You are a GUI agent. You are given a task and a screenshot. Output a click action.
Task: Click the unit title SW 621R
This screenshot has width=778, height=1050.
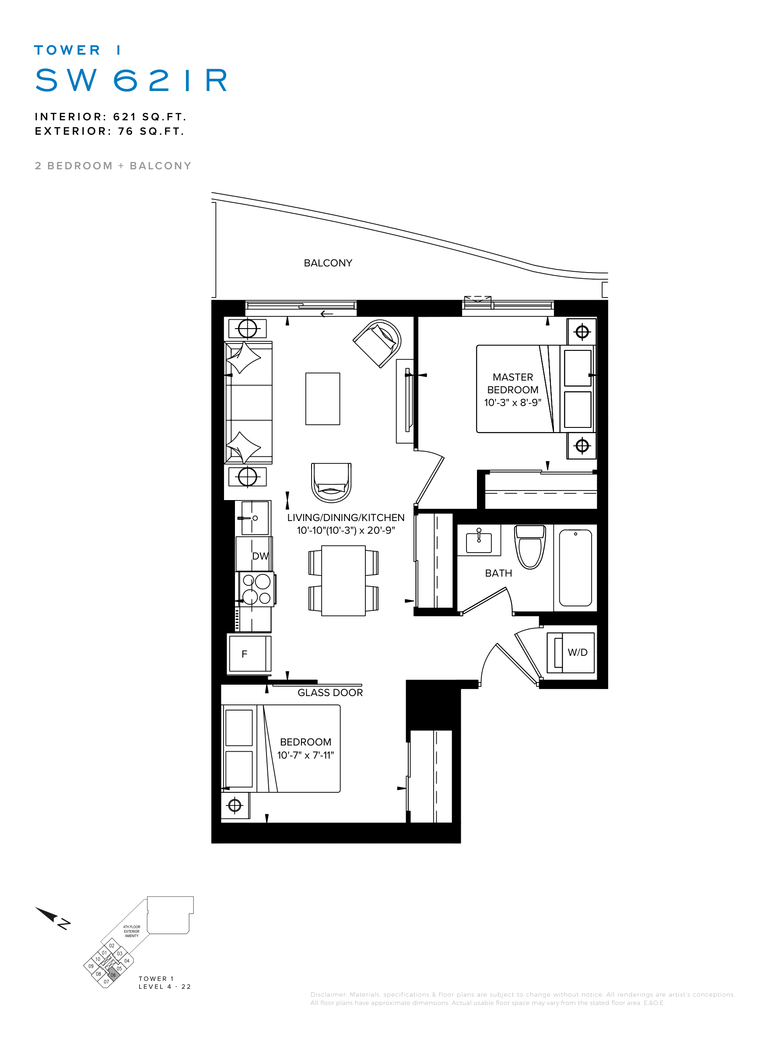click(131, 80)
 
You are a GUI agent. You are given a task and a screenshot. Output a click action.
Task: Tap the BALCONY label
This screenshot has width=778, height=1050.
click(328, 263)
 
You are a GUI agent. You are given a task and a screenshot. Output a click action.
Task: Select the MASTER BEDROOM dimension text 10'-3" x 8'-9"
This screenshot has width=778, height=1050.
click(512, 402)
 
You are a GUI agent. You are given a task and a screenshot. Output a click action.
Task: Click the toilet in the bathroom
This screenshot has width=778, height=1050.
click(530, 547)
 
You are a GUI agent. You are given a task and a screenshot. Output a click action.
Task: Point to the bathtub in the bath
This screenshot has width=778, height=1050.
click(575, 567)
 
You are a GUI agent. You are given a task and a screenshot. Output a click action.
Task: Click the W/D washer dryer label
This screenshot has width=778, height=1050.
click(578, 652)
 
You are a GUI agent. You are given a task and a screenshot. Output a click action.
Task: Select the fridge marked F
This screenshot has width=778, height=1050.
click(249, 654)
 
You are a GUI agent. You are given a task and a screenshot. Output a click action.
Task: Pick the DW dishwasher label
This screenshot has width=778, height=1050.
click(260, 556)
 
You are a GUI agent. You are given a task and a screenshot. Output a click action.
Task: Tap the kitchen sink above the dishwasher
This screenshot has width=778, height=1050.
click(255, 518)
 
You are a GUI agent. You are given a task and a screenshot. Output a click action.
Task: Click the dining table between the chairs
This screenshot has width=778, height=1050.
click(343, 581)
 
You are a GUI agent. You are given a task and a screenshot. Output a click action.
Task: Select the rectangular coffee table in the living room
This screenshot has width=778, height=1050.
click(322, 399)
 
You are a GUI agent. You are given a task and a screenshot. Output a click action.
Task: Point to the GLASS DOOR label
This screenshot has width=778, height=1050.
click(330, 693)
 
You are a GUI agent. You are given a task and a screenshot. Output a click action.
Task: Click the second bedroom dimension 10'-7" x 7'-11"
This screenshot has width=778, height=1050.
click(305, 755)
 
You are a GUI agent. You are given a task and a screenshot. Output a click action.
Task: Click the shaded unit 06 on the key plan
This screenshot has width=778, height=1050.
click(113, 975)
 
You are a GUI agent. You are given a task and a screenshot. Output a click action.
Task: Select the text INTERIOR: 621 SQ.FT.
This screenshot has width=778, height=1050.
click(111, 117)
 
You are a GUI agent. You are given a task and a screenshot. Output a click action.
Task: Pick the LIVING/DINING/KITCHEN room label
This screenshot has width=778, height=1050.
click(346, 518)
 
